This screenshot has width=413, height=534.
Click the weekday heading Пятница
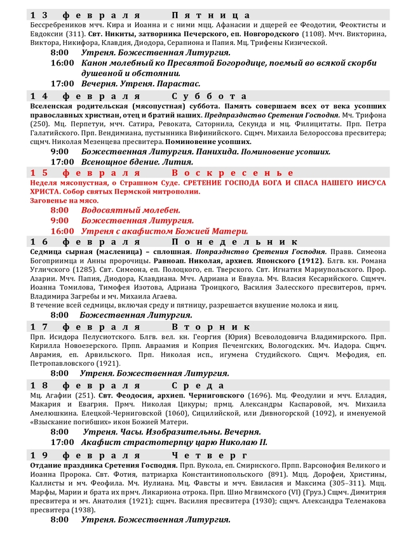point(210,15)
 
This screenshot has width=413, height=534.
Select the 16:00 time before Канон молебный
point(63,63)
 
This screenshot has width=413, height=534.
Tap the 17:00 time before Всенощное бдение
point(63,162)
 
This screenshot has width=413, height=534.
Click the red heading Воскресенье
point(232,173)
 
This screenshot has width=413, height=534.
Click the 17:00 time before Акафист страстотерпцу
point(63,442)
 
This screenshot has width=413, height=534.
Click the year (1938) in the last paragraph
point(78,509)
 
